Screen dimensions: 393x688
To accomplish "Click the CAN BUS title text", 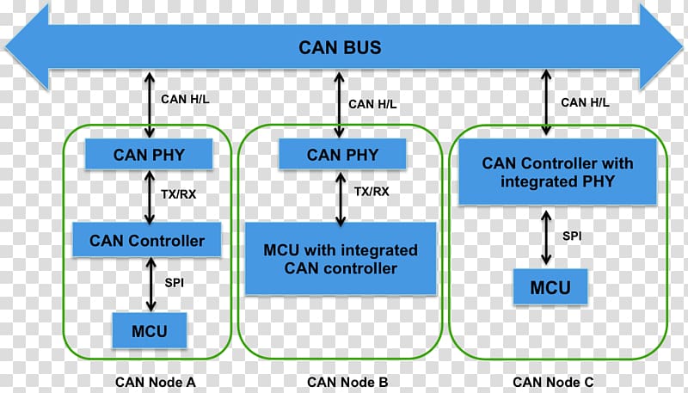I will pyautogui.click(x=340, y=47).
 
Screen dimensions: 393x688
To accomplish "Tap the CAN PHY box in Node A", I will pyautogui.click(x=150, y=156).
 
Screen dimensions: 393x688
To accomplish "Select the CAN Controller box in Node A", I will pyautogui.click(x=147, y=240).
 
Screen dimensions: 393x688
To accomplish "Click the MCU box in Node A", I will pyautogui.click(x=150, y=329).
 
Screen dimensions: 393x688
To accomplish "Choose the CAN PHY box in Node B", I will pyautogui.click(x=341, y=155).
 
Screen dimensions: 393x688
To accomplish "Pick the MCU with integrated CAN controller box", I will pyautogui.click(x=341, y=259).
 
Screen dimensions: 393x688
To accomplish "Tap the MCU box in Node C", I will pyautogui.click(x=550, y=286).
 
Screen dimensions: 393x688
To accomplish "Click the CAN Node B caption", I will pyautogui.click(x=347, y=382).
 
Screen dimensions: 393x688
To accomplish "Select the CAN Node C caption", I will pyautogui.click(x=553, y=382).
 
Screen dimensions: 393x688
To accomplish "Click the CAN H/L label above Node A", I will pyautogui.click(x=185, y=98).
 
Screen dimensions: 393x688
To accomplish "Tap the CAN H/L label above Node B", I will pyautogui.click(x=372, y=104).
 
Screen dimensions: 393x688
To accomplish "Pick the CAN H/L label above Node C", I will pyautogui.click(x=586, y=102).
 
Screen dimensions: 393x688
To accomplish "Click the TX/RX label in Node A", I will pyautogui.click(x=179, y=193).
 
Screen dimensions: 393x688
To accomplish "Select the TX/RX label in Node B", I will pyautogui.click(x=372, y=191).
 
